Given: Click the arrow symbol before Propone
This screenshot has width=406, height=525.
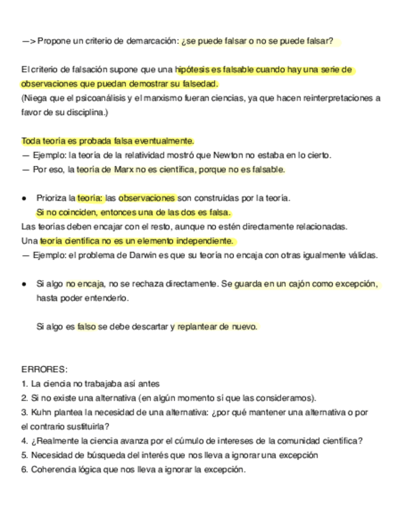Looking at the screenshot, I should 28,41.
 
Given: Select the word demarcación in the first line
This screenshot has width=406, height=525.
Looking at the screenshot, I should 155,41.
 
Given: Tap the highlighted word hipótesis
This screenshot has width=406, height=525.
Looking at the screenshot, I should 192,70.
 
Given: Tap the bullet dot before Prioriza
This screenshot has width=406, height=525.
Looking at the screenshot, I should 24,198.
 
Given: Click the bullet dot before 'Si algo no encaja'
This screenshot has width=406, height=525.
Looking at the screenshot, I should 24,284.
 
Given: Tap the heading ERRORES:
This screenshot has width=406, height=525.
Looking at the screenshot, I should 44,369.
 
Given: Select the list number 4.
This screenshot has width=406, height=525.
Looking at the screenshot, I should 24,441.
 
